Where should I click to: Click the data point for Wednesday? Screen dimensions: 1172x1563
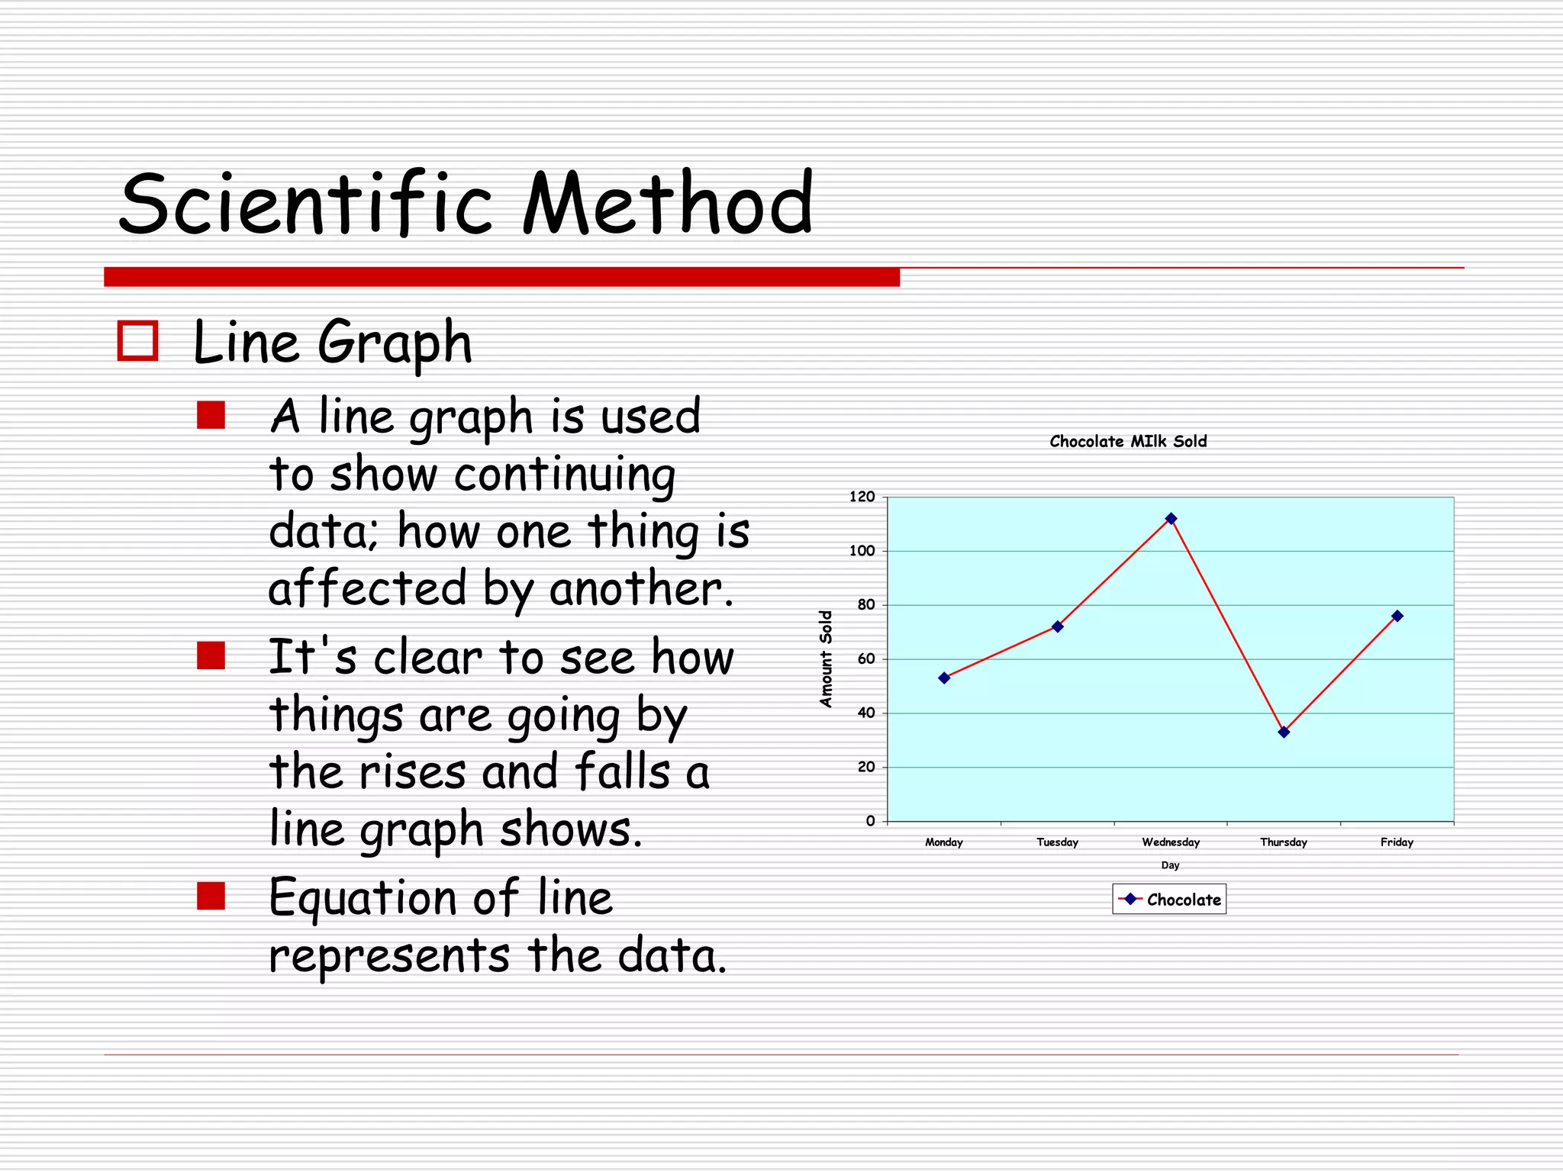[1171, 519]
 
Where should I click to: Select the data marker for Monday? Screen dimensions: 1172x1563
[944, 678]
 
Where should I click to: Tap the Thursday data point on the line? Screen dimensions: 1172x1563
[1284, 732]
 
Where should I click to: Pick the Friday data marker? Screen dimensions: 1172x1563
[1397, 616]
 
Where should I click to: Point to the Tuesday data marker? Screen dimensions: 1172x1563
[1057, 626]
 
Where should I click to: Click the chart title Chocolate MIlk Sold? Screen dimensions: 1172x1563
[1128, 441]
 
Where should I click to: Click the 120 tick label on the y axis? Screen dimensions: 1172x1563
[862, 497]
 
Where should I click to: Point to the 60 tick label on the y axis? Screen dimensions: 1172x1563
[865, 659]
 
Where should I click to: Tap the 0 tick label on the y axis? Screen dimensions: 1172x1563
[870, 821]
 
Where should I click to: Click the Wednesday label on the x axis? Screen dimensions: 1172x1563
[1170, 842]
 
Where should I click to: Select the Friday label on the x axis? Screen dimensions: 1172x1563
[1397, 842]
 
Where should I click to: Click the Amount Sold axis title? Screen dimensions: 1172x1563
[826, 658]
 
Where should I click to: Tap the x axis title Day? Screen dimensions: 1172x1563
[1170, 865]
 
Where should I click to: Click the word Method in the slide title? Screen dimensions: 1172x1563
[668, 203]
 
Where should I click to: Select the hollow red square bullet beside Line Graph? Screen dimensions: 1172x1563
[137, 340]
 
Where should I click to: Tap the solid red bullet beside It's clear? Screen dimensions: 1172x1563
[211, 655]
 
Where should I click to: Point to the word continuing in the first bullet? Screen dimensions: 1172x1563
[564, 475]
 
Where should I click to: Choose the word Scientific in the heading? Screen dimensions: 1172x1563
[305, 203]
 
